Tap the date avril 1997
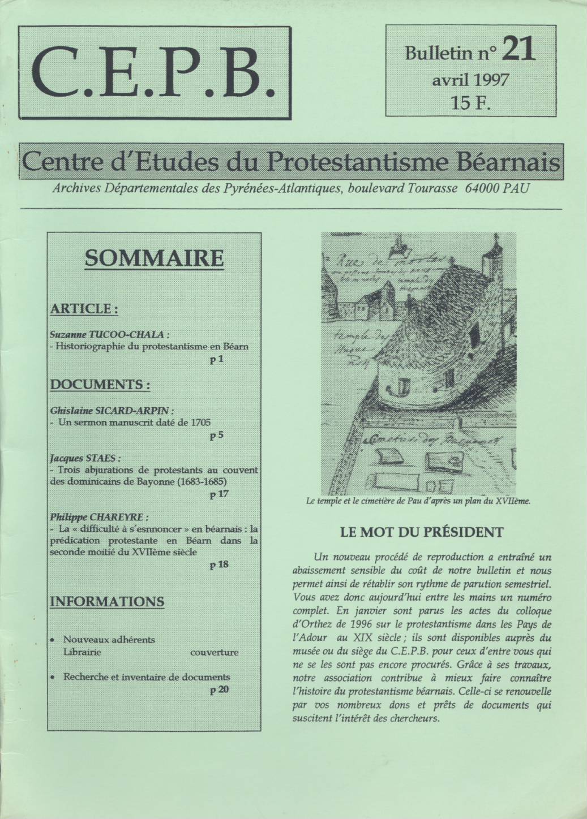(470, 79)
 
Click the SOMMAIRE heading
(154, 258)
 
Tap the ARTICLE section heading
(84, 309)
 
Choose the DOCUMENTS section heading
(100, 385)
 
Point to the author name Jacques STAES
(85, 458)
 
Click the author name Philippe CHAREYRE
(100, 517)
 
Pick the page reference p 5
(216, 436)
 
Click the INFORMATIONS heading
(107, 601)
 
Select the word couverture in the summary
(215, 652)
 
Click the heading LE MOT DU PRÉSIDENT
(422, 532)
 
